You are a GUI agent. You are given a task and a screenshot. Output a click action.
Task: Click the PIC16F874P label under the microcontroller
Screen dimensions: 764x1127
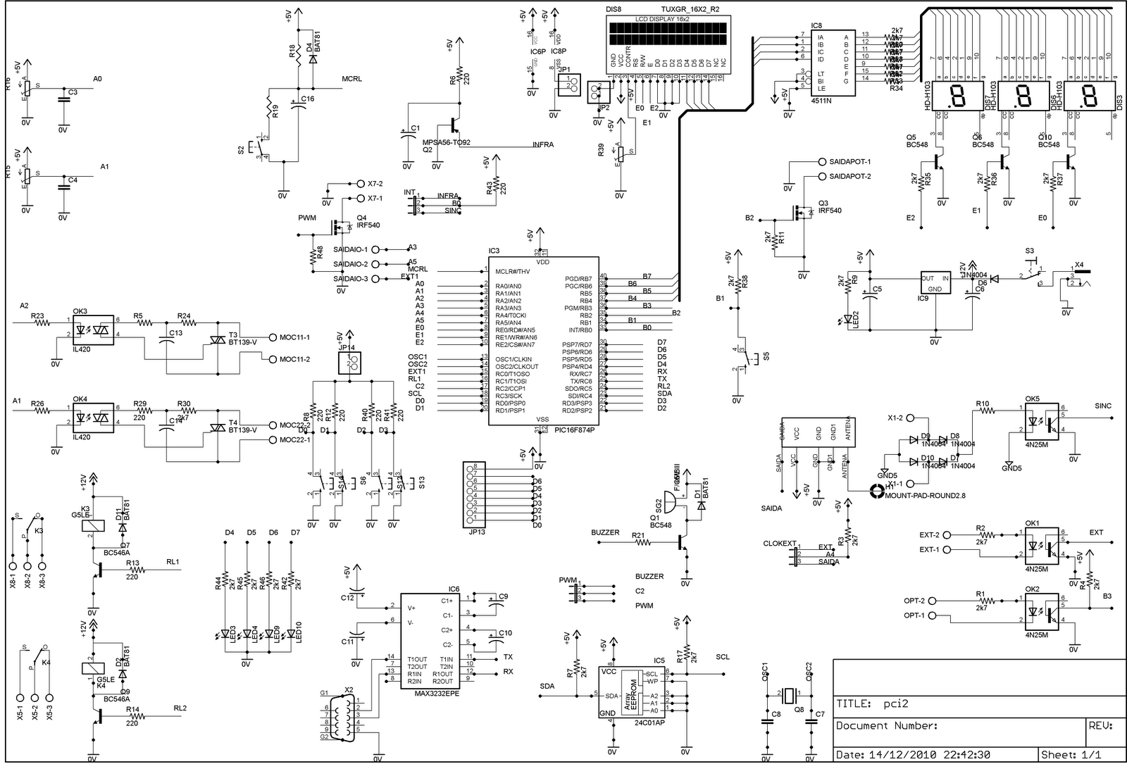pyautogui.click(x=575, y=430)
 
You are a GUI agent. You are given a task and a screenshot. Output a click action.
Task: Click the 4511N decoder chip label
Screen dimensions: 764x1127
pyautogui.click(x=821, y=101)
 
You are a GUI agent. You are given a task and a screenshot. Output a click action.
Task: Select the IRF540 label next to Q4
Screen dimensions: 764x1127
pyautogui.click(x=368, y=225)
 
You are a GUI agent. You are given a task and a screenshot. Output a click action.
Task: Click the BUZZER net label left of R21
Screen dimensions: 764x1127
pyautogui.click(x=605, y=532)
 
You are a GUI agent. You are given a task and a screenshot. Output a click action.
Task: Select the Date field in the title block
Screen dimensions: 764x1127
pyautogui.click(x=912, y=754)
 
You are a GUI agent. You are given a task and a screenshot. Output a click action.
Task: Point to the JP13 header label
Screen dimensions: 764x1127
pyautogui.click(x=476, y=532)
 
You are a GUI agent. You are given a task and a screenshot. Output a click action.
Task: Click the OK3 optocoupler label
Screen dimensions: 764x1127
pyautogui.click(x=80, y=311)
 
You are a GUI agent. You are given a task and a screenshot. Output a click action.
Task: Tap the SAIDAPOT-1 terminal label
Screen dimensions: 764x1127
pyautogui.click(x=849, y=161)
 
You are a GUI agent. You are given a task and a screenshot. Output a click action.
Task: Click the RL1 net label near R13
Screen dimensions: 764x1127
pyautogui.click(x=173, y=562)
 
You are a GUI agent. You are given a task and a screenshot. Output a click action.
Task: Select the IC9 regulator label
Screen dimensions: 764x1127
pyautogui.click(x=923, y=299)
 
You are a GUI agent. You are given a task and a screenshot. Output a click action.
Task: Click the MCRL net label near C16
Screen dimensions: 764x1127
pyautogui.click(x=351, y=79)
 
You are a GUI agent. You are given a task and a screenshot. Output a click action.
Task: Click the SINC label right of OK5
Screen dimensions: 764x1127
pyautogui.click(x=1103, y=406)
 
